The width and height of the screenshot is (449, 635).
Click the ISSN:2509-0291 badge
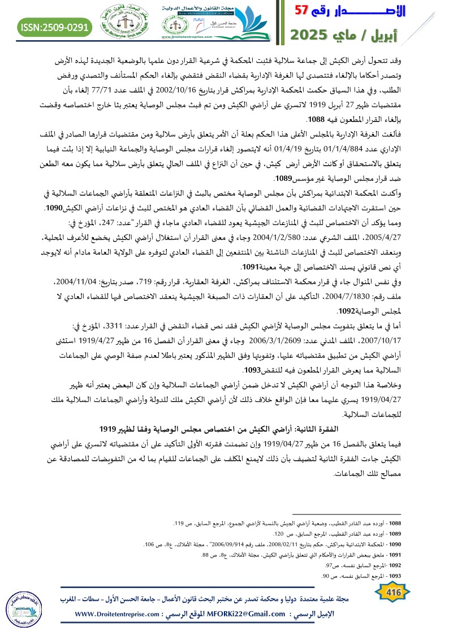tap(55, 26)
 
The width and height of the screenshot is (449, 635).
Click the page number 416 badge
tap(391, 591)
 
